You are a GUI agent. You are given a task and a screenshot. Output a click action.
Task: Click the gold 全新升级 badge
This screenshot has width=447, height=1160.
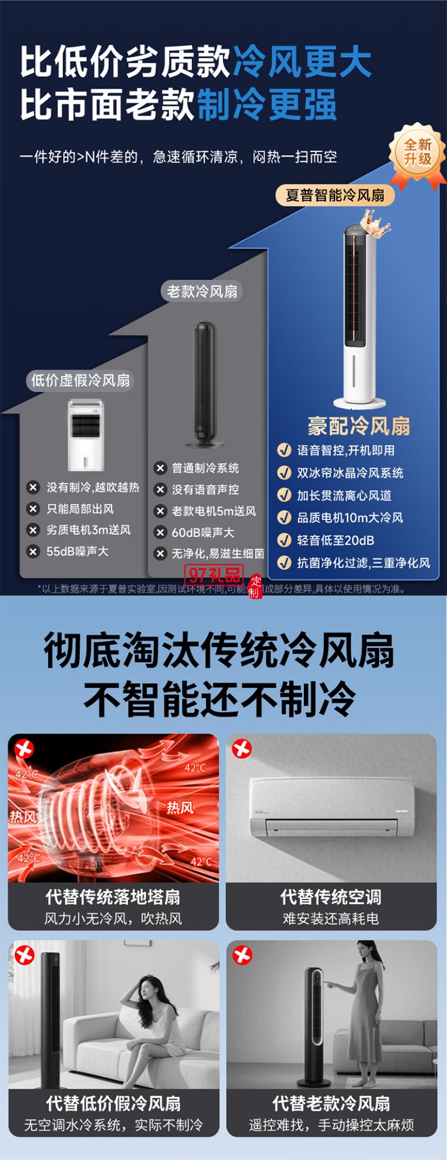click(x=417, y=153)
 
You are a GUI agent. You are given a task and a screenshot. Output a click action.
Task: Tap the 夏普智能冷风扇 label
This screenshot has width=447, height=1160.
click(x=335, y=195)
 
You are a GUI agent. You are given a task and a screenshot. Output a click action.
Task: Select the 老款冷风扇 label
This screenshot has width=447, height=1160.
click(x=202, y=291)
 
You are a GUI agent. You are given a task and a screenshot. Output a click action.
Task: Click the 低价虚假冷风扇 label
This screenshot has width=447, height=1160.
click(x=80, y=380)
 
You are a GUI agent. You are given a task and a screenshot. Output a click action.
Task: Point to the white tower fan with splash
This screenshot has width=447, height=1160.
click(x=360, y=310)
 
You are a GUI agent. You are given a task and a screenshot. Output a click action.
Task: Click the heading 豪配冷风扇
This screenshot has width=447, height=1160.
click(x=359, y=426)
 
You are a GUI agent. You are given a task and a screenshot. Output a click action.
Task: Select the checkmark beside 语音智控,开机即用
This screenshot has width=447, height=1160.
click(x=284, y=451)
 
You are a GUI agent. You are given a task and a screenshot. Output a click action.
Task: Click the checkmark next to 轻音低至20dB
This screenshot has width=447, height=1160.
click(x=284, y=540)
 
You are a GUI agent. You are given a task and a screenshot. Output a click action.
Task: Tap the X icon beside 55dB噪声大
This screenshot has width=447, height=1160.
click(x=33, y=551)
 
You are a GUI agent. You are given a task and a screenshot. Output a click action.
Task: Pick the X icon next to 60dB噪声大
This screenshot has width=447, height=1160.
click(x=160, y=532)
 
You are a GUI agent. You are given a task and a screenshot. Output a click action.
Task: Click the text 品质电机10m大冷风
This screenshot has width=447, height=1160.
click(x=350, y=517)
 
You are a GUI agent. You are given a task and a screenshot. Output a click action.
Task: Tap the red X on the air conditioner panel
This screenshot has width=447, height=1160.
click(x=241, y=748)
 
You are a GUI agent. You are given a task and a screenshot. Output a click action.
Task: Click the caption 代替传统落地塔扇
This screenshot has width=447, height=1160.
click(x=113, y=897)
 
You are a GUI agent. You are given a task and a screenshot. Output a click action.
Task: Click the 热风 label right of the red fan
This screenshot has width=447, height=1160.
click(x=179, y=808)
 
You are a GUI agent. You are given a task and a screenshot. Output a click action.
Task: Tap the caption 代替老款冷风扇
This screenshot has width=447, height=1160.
click(x=331, y=1103)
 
